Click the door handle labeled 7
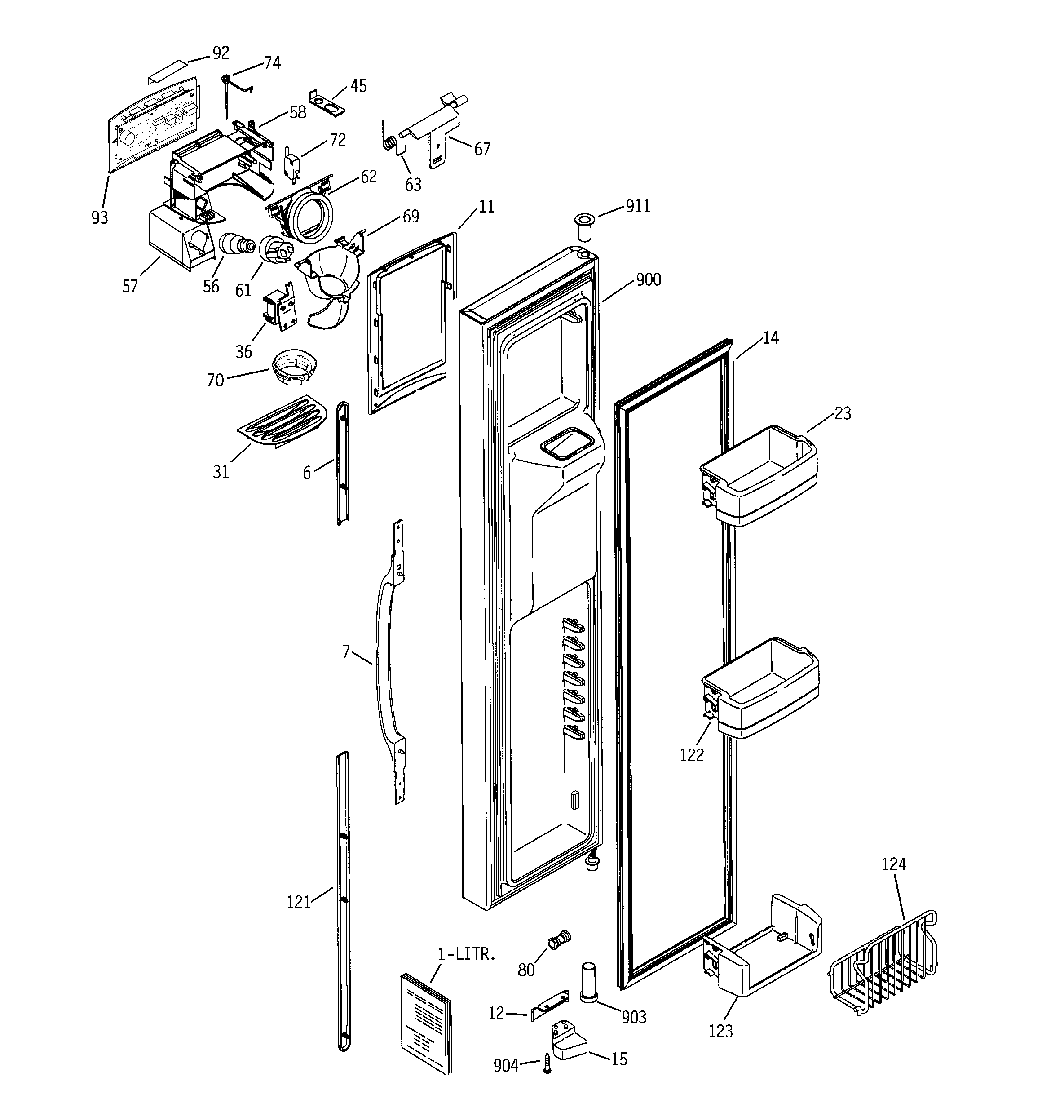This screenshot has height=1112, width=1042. pyautogui.click(x=385, y=660)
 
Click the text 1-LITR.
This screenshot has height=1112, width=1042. pyautogui.click(x=467, y=954)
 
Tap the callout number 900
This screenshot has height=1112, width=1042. pyautogui.click(x=648, y=279)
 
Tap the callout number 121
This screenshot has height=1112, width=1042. pyautogui.click(x=298, y=902)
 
